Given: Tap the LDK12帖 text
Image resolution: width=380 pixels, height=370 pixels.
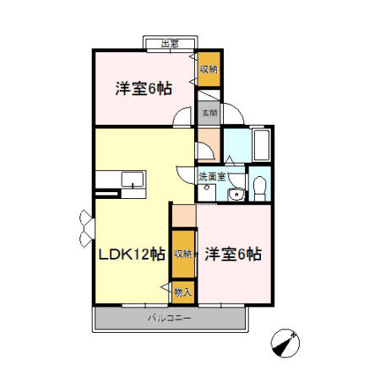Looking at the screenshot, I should click(131, 255).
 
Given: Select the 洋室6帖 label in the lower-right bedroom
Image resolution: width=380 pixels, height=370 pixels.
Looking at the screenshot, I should click(232, 255).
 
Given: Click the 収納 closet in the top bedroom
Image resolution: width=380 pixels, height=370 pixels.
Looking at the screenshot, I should click(209, 69).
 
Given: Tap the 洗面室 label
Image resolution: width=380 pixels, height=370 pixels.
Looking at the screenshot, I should click(212, 177).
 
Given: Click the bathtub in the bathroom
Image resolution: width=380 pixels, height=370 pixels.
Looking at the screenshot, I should click(259, 144).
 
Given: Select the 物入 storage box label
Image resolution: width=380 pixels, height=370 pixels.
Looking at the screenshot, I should click(182, 291).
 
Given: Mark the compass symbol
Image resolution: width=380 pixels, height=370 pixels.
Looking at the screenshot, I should click(287, 343).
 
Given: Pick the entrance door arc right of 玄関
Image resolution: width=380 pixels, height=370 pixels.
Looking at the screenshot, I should click(233, 120).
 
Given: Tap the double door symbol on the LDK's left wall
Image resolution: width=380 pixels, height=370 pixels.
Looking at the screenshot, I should click(86, 225).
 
